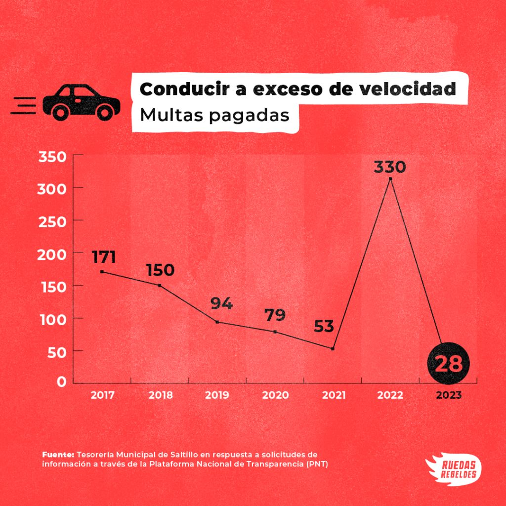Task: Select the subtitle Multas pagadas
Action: click(x=214, y=115)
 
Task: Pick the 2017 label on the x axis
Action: click(x=102, y=395)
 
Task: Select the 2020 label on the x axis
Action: click(x=275, y=395)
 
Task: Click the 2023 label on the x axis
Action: click(x=448, y=395)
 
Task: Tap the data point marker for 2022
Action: click(x=390, y=179)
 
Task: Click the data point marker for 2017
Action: click(x=102, y=272)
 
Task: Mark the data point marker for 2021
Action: click(x=333, y=349)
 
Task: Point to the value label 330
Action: click(x=389, y=167)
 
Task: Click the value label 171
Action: click(x=103, y=257)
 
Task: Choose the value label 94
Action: click(x=221, y=303)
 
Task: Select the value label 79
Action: click(x=275, y=315)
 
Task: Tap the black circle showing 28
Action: click(x=448, y=364)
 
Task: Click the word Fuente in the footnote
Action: click(x=58, y=454)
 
